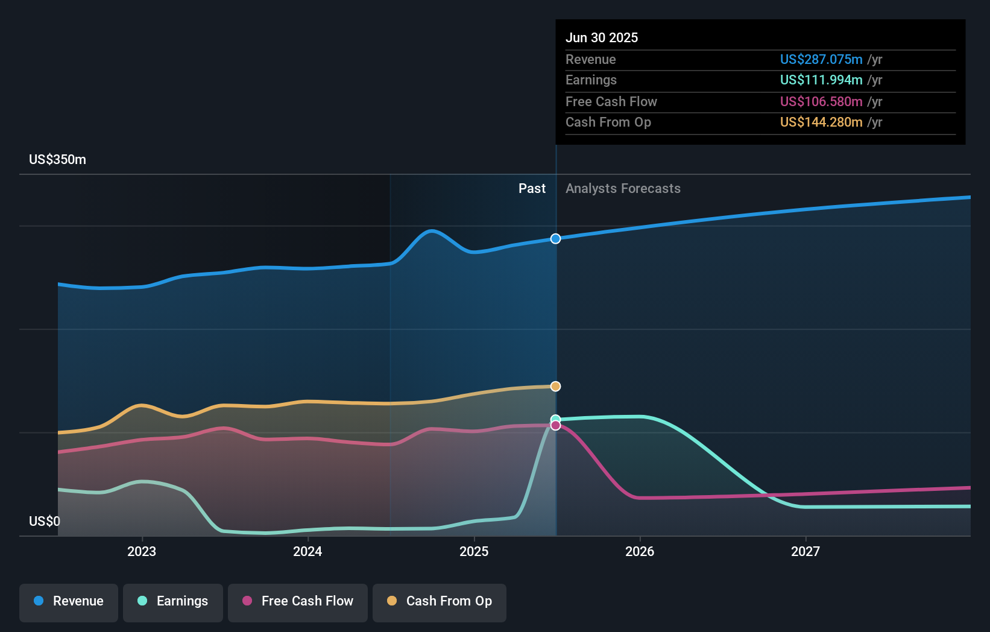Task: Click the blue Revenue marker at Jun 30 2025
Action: [555, 239]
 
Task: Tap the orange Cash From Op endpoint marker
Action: [555, 387]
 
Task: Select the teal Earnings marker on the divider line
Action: [555, 419]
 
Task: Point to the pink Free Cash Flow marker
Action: [555, 426]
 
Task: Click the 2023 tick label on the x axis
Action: [142, 551]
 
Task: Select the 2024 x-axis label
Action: [307, 551]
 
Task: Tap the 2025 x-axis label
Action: [474, 551]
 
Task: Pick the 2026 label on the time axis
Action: [640, 551]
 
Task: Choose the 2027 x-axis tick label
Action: [806, 551]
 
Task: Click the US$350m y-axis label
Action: [57, 160]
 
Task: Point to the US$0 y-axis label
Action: [45, 521]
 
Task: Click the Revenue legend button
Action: [69, 601]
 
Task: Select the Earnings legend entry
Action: [173, 601]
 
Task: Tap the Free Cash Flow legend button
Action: [298, 601]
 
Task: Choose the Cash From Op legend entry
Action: [440, 601]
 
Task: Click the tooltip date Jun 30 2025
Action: [602, 37]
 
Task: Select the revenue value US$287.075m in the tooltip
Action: [821, 59]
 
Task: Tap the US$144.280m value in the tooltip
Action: [821, 122]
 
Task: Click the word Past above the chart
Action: [532, 189]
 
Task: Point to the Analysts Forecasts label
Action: [623, 189]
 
